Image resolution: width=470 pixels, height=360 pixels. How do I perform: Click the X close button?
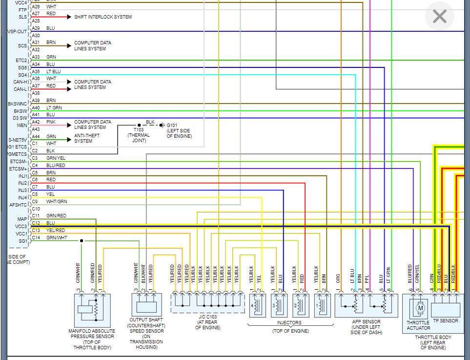(x=440, y=17)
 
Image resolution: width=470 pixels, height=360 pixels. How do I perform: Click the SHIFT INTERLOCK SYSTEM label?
(x=103, y=17)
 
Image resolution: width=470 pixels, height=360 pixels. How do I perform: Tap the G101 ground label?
(x=179, y=131)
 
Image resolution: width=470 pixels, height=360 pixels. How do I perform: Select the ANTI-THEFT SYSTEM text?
(x=83, y=139)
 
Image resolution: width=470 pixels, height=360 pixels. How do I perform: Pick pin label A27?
(x=36, y=14)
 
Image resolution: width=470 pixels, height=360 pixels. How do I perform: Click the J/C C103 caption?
(x=207, y=325)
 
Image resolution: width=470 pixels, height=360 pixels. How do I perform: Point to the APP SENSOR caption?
(x=365, y=327)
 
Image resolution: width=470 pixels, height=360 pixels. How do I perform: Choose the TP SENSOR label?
(x=446, y=321)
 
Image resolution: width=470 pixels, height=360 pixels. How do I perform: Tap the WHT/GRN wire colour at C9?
(x=57, y=202)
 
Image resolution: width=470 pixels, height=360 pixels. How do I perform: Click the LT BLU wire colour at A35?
(x=54, y=71)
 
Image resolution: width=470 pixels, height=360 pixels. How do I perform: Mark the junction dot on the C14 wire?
(x=82, y=241)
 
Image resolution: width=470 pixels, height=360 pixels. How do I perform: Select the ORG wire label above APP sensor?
(x=338, y=277)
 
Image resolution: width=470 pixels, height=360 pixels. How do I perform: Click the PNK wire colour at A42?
(x=51, y=122)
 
